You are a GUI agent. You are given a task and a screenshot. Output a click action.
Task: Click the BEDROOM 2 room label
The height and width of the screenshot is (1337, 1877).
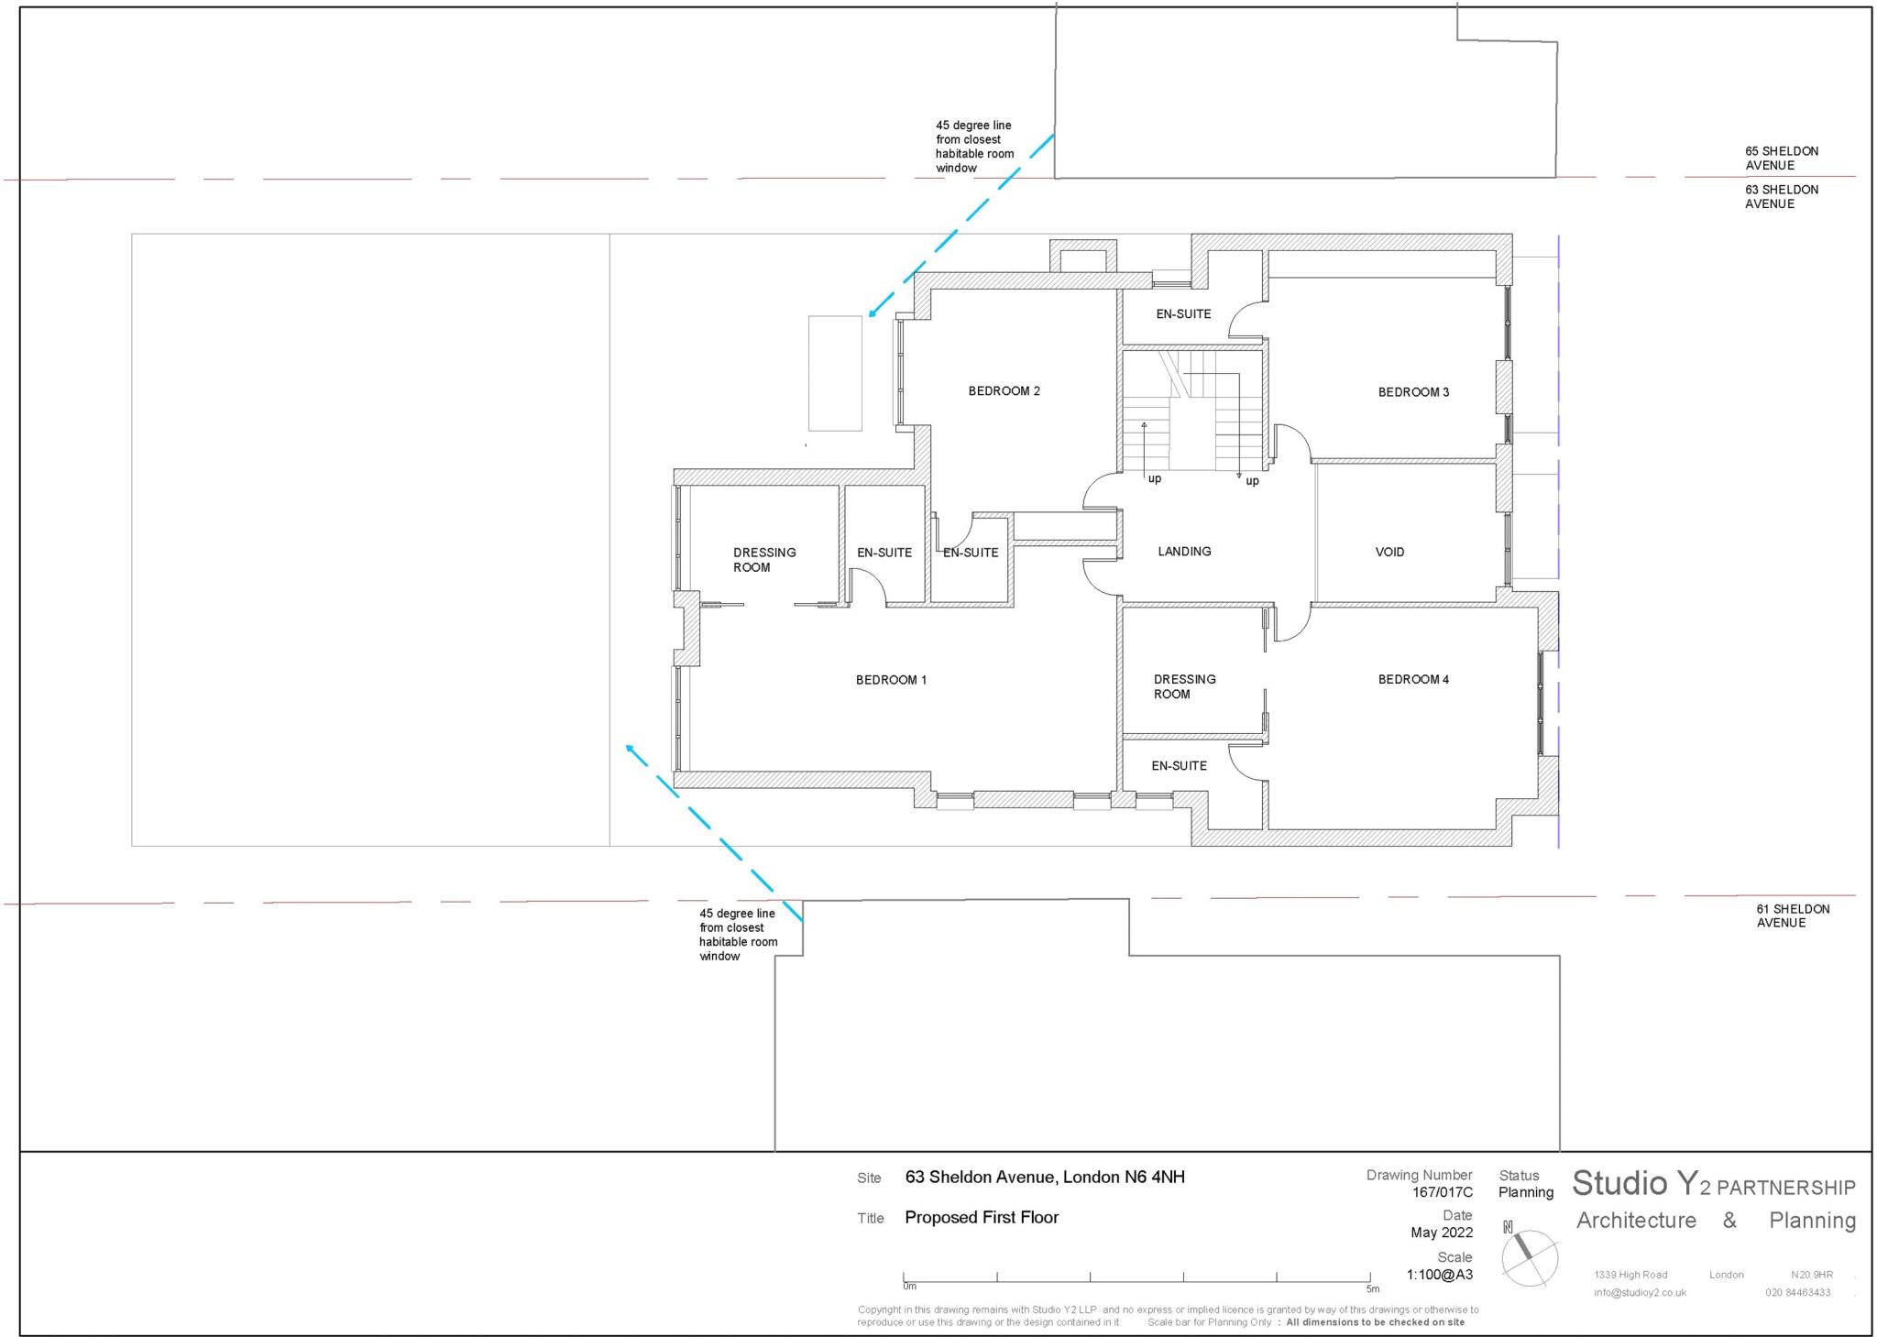pyautogui.click(x=1004, y=391)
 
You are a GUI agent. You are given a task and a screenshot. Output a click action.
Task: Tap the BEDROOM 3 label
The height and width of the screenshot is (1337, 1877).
pyautogui.click(x=1413, y=392)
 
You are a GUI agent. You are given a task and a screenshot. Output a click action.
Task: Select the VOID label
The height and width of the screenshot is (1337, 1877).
pyautogui.click(x=1389, y=552)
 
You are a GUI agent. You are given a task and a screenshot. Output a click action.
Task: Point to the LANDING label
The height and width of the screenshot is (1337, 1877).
pyautogui.click(x=1184, y=552)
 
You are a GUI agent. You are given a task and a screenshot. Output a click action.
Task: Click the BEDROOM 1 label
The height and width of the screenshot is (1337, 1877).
pyautogui.click(x=891, y=680)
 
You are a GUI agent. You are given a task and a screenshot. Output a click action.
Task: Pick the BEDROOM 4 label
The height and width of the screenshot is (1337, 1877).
pyautogui.click(x=1413, y=679)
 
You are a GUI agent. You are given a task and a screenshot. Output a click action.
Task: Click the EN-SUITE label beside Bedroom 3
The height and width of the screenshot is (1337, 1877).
pyautogui.click(x=1183, y=313)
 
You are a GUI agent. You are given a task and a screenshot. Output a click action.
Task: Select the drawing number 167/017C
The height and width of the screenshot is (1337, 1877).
pyautogui.click(x=1442, y=1192)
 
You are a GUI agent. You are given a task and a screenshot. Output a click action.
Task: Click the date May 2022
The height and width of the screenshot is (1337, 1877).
pyautogui.click(x=1442, y=1233)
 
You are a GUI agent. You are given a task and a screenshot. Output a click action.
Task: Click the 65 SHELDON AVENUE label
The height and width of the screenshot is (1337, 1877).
pyautogui.click(x=1781, y=159)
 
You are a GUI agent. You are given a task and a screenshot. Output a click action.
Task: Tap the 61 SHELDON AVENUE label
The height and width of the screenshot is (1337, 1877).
pyautogui.click(x=1793, y=915)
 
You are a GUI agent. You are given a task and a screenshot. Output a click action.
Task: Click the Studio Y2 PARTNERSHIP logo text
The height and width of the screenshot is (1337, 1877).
pyautogui.click(x=1712, y=1185)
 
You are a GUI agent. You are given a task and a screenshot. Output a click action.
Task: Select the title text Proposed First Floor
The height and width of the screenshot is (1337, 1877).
pyautogui.click(x=981, y=1218)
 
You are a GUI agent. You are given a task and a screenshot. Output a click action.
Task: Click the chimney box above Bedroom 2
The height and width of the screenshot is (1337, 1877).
pyautogui.click(x=1082, y=257)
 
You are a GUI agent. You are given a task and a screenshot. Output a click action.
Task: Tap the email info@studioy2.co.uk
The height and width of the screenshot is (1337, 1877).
pyautogui.click(x=1640, y=1293)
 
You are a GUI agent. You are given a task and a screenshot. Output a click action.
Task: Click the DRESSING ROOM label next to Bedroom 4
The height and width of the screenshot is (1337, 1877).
pyautogui.click(x=1184, y=686)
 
